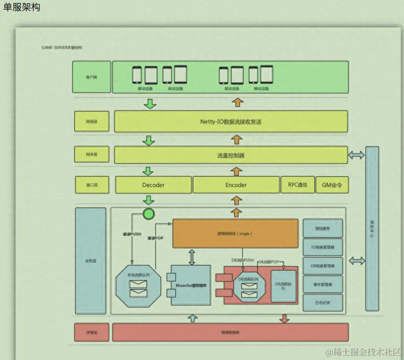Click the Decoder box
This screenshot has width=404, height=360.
(x=153, y=185)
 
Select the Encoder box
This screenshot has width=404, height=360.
(x=236, y=185)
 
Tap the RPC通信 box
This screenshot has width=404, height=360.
(x=297, y=185)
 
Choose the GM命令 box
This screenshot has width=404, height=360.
(x=332, y=185)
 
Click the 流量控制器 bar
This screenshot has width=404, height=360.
(x=231, y=155)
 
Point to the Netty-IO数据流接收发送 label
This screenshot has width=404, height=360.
(x=231, y=122)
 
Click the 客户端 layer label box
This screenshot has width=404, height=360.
(x=92, y=77)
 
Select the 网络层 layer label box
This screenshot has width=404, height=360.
(x=92, y=121)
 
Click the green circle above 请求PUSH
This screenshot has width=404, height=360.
(x=148, y=214)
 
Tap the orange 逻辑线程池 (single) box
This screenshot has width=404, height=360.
(x=235, y=233)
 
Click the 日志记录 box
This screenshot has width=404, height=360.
(x=323, y=302)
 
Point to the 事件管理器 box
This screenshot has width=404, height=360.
(x=323, y=284)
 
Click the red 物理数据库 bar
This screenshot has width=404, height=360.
(x=230, y=332)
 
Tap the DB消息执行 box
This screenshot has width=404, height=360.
(x=284, y=286)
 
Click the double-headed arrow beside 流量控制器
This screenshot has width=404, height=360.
(x=356, y=155)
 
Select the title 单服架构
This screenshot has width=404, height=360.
(x=22, y=7)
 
